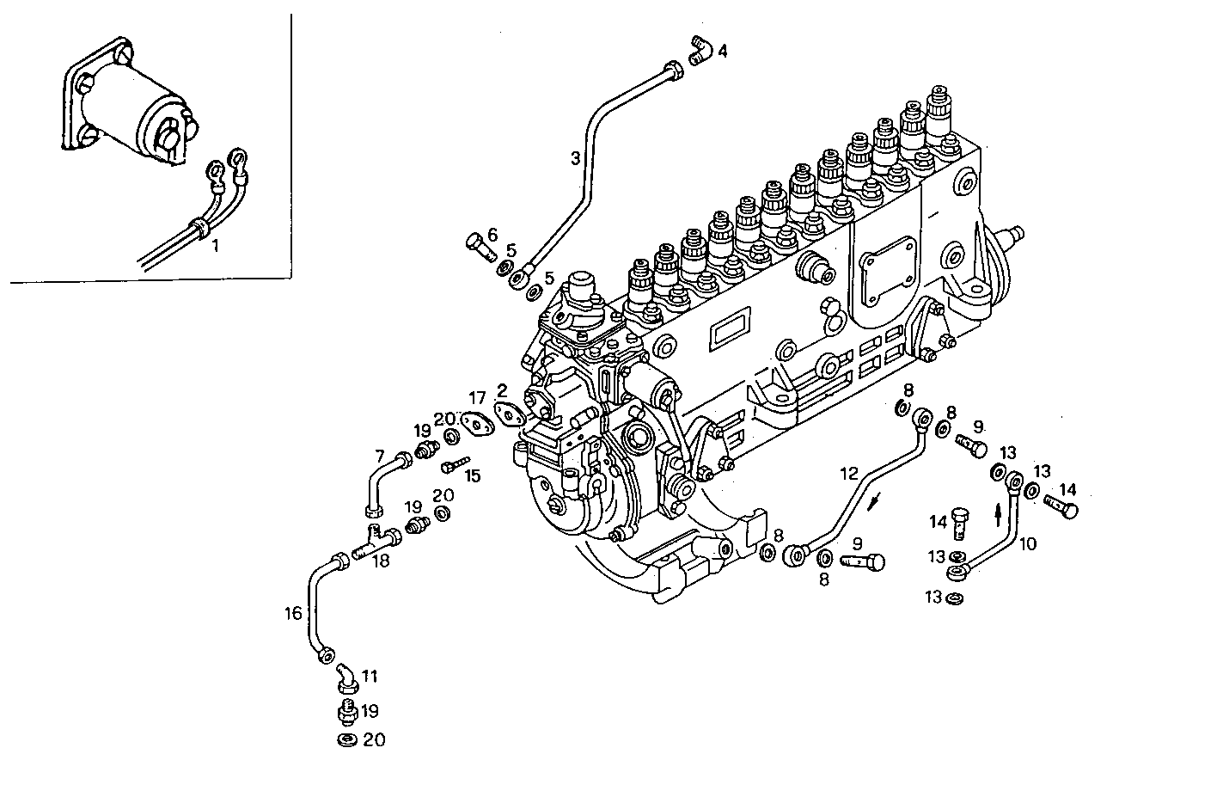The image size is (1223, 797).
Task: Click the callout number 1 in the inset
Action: [216, 246]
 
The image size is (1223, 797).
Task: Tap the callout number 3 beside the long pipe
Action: [575, 158]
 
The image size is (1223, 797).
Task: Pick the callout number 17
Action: [478, 397]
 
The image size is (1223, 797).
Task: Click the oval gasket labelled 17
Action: [473, 423]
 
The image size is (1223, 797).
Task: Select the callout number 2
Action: [502, 389]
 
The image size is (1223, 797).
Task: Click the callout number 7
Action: [379, 455]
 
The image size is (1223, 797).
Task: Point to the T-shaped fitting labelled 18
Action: [379, 541]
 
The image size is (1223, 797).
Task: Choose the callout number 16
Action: [293, 613]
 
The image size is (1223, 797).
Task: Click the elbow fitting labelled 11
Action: [345, 676]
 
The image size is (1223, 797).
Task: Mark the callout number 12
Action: [848, 474]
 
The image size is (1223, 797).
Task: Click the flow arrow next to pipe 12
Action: [875, 501]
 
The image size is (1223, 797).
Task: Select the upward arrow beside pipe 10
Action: [997, 515]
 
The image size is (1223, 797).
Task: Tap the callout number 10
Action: [1028, 543]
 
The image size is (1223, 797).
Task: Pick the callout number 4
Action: [722, 52]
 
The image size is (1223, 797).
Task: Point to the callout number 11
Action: [370, 677]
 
